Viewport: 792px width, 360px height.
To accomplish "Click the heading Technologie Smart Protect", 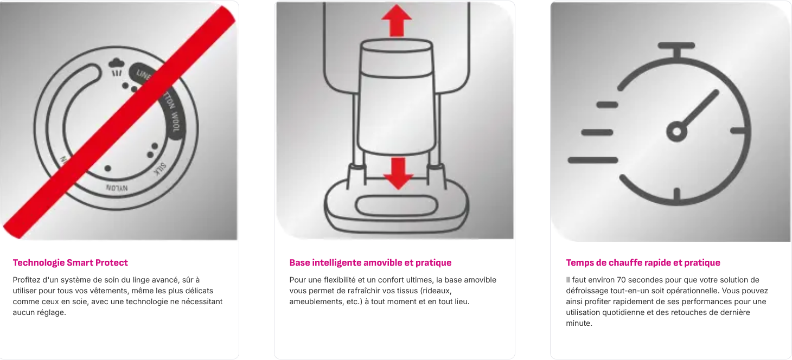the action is coord(71,262).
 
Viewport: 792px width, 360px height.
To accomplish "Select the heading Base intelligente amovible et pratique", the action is coord(370,262).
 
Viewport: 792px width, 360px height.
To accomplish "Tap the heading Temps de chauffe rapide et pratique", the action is coord(643,262).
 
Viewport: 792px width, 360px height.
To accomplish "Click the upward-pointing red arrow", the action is coord(397,21).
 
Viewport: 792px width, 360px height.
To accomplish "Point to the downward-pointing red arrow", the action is coord(398,173).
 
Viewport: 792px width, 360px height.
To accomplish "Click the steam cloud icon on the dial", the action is coord(116,67).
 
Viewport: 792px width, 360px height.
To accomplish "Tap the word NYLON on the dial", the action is coord(117,188).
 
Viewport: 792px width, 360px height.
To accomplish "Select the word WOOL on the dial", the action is coord(176,122).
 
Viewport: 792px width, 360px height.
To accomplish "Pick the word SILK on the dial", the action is coord(160,169).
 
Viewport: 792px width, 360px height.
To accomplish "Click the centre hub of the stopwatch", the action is coord(676,132).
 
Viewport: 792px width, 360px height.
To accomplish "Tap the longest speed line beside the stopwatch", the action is coord(593,160).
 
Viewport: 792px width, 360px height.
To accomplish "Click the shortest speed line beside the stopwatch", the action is coord(607,105).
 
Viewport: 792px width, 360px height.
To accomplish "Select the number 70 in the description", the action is coord(621,280).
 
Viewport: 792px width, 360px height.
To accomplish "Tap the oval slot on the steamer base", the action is coord(397,205).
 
